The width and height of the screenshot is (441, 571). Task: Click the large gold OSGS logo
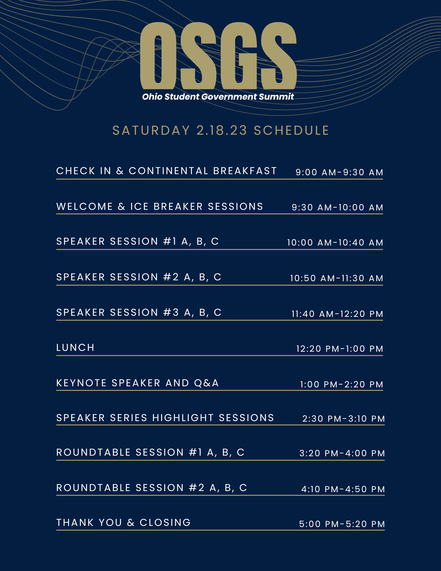point(218,56)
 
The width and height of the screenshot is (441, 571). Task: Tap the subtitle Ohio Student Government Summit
point(218,97)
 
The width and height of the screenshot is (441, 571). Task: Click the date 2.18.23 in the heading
point(222,130)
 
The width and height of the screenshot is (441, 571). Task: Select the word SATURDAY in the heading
point(151,130)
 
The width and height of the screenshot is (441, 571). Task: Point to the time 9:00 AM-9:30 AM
point(339,172)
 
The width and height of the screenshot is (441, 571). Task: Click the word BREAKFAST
point(245,171)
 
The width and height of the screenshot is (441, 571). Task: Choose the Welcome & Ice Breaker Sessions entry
point(160,206)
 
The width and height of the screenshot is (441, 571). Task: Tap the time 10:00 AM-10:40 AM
point(335,243)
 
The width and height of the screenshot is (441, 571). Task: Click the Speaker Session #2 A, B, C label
point(139,277)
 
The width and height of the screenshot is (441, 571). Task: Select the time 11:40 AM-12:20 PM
point(337,314)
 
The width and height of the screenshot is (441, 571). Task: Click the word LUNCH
point(75,347)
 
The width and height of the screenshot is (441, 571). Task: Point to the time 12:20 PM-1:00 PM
point(340,349)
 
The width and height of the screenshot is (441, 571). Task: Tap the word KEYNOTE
point(81,383)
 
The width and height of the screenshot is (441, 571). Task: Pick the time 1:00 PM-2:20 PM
point(342,385)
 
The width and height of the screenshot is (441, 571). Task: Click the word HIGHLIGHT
point(183,418)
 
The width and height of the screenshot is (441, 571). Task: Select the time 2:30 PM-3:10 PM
point(344,419)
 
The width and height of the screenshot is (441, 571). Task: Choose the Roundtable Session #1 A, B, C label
point(150,452)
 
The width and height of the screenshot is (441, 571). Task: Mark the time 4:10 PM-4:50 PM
point(343,489)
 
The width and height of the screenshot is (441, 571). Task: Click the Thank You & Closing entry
point(124,522)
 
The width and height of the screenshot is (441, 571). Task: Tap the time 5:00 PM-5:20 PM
point(342,524)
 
